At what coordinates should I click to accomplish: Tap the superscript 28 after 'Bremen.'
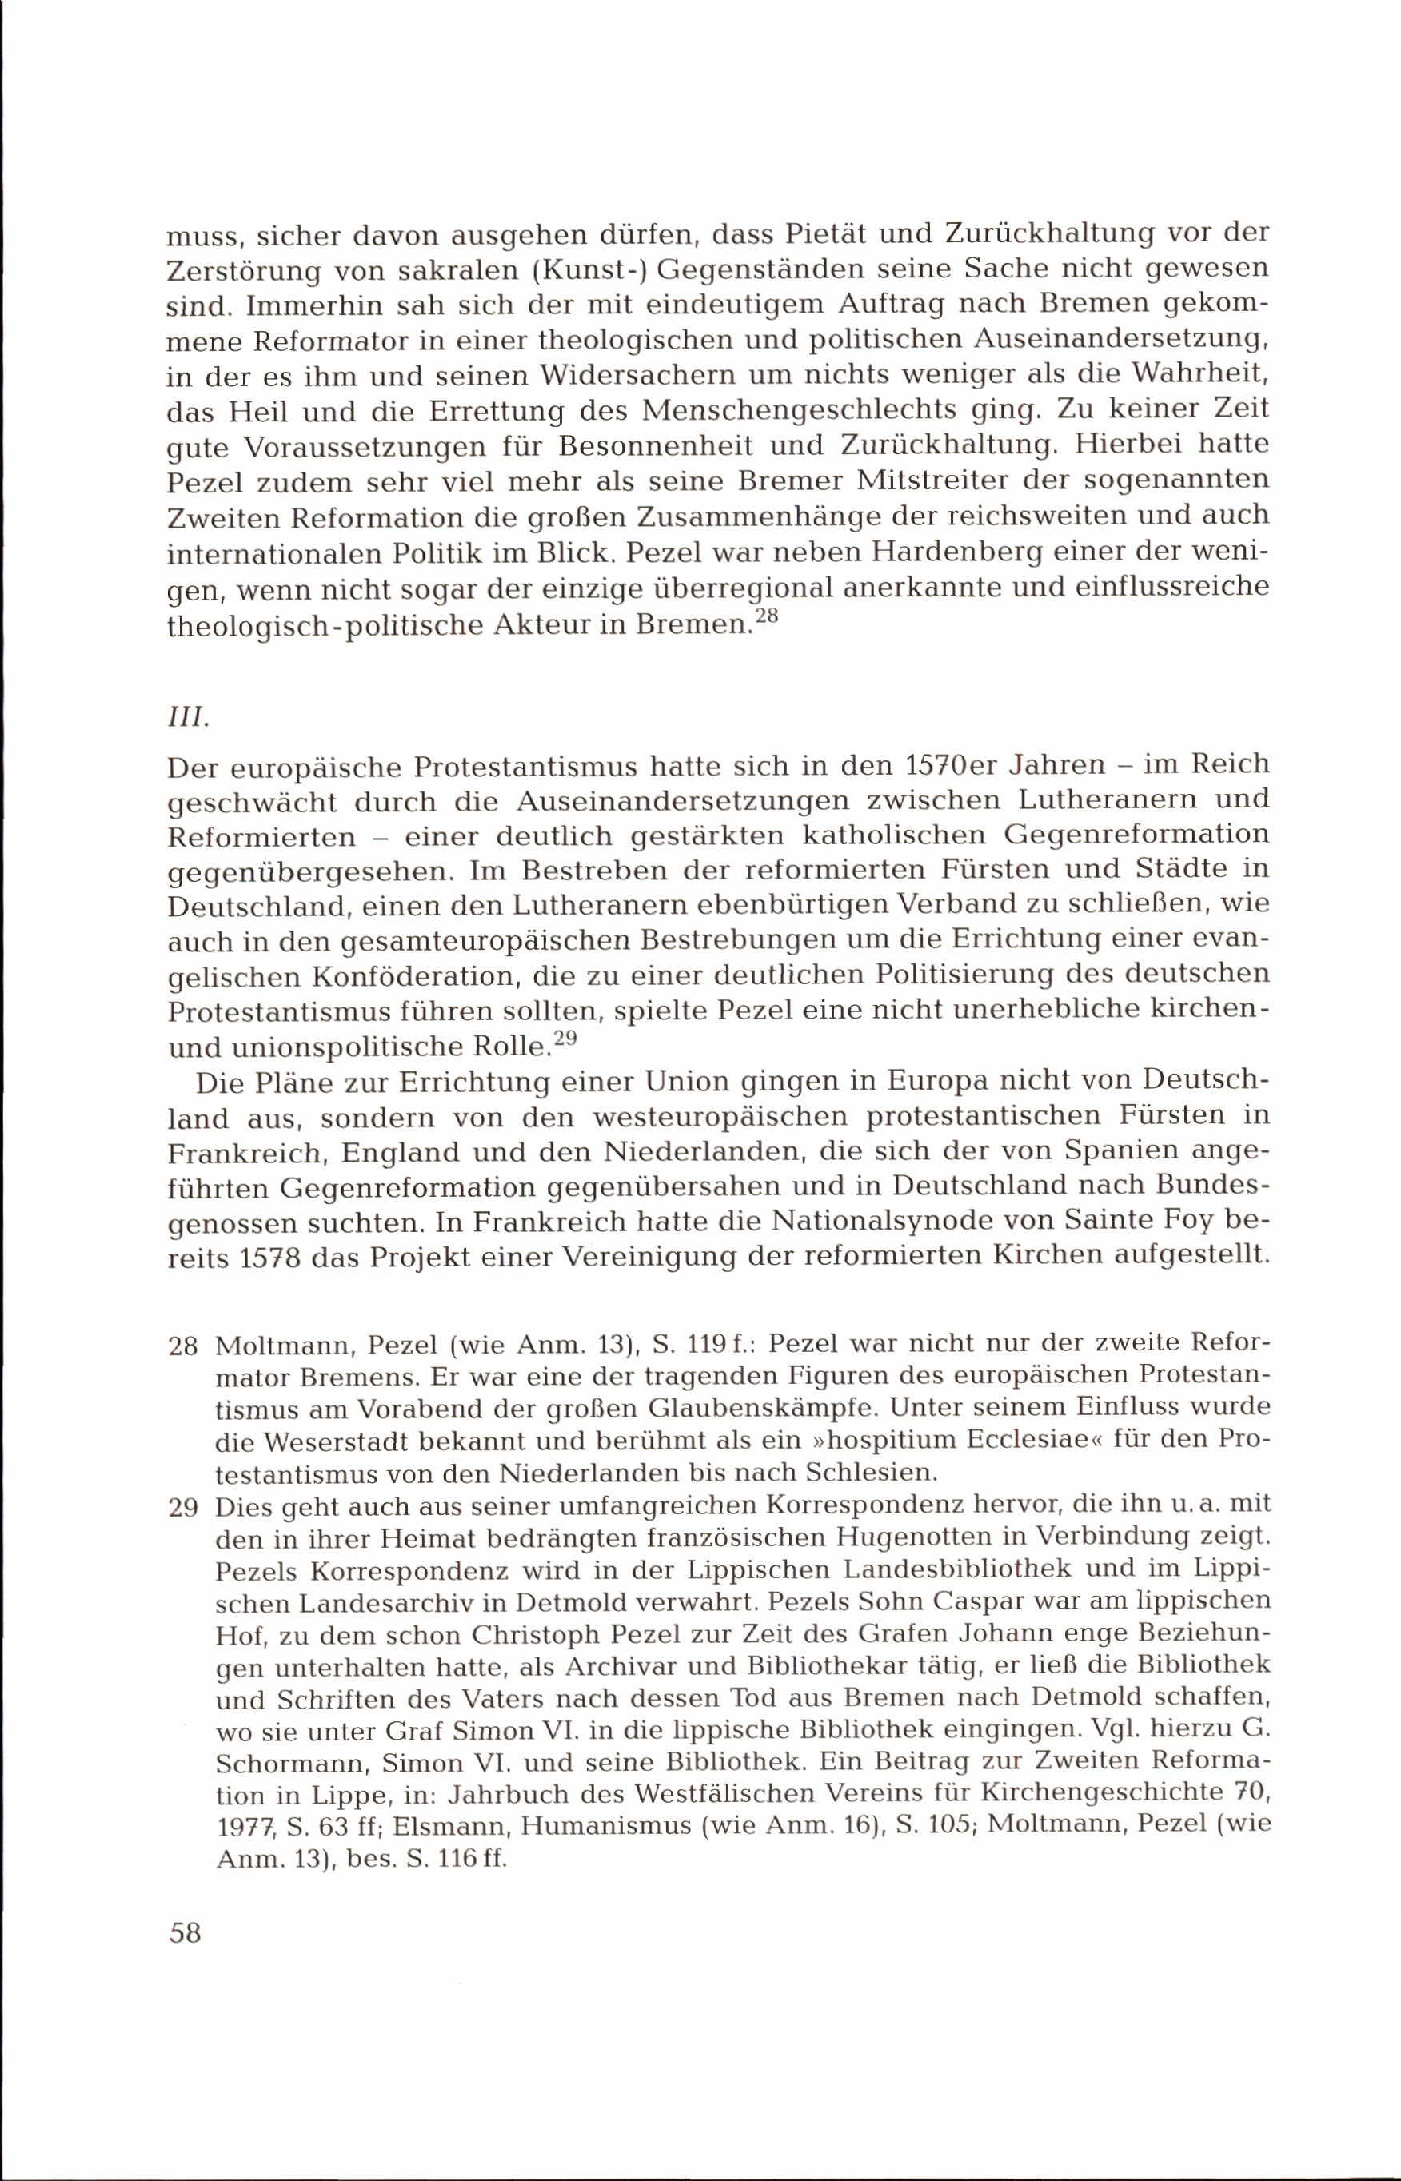point(767,616)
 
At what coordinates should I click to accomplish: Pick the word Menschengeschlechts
point(799,410)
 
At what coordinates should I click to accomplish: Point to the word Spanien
point(1122,1151)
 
